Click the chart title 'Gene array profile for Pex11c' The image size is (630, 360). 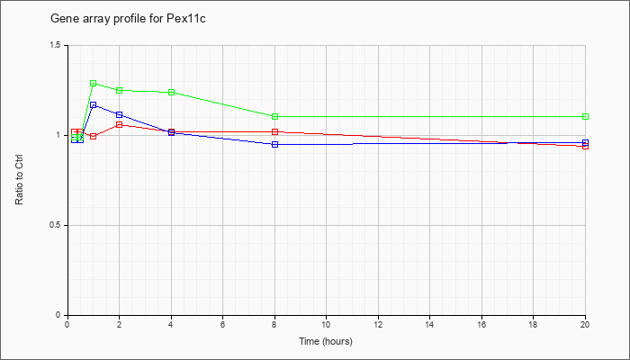(128, 19)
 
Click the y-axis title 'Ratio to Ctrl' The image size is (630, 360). (19, 180)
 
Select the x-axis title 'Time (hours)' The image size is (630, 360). (326, 341)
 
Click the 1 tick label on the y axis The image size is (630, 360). (61, 135)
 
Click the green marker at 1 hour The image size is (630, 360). (94, 84)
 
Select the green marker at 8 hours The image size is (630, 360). (274, 116)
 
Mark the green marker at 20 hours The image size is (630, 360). (585, 116)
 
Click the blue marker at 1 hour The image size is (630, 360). (94, 105)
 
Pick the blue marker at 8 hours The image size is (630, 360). (274, 144)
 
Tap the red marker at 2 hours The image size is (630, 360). (120, 124)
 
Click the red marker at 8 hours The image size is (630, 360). (274, 131)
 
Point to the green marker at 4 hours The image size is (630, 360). (172, 92)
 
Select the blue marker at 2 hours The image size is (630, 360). (120, 115)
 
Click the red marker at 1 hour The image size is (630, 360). (94, 137)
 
